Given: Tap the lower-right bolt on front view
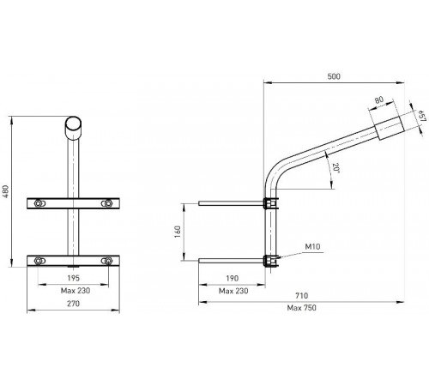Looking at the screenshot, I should (x=106, y=260).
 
